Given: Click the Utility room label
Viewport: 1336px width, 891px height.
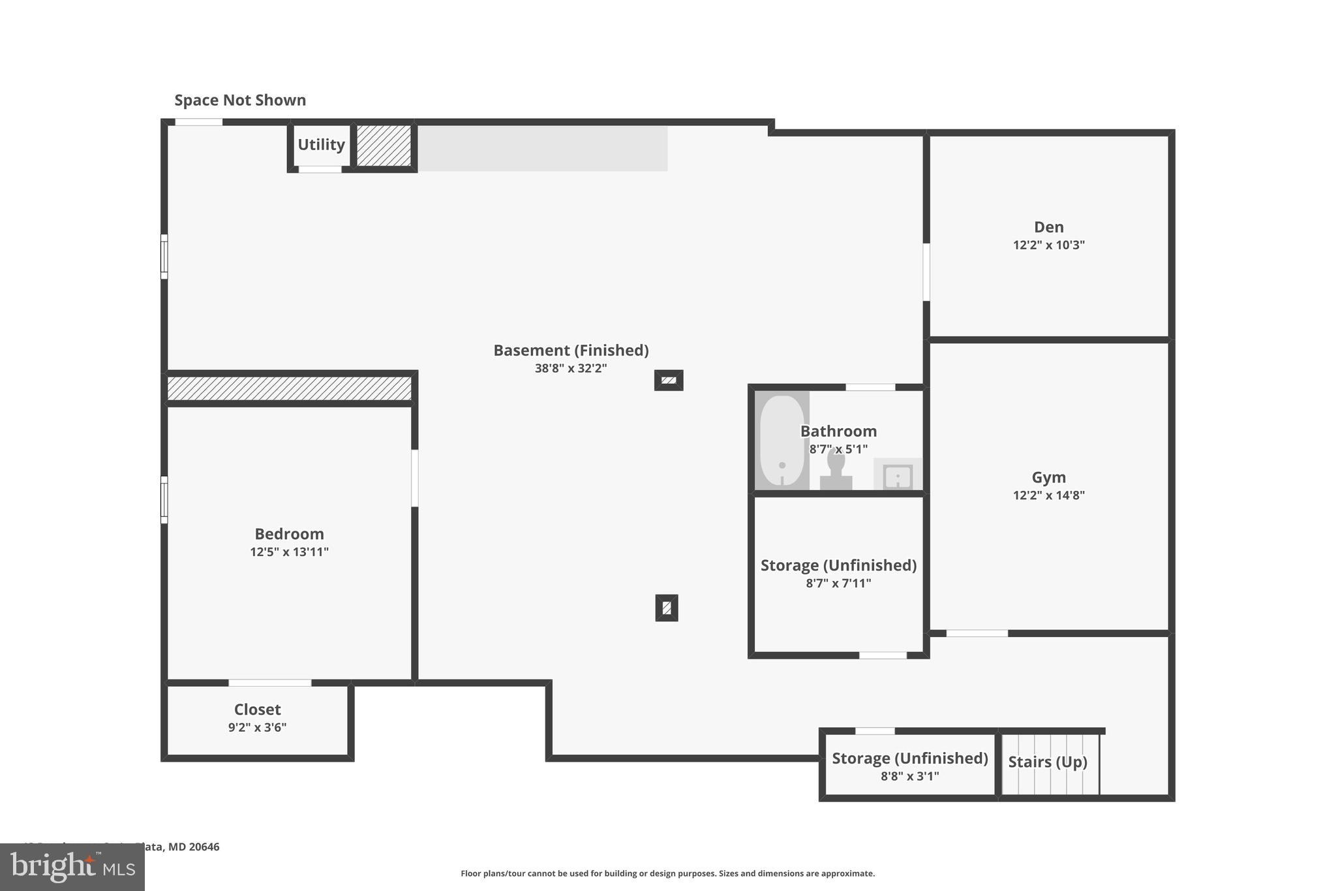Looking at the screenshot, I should [x=321, y=144].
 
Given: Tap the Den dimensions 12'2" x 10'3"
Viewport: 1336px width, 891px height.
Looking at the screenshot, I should [x=1048, y=245].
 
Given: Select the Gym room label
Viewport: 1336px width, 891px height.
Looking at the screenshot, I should [x=1048, y=477].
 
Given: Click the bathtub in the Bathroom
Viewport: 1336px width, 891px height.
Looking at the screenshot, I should [x=782, y=441].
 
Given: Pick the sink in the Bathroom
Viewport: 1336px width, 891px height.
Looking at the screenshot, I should [x=898, y=476].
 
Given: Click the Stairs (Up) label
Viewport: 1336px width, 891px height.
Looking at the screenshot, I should [x=1047, y=762].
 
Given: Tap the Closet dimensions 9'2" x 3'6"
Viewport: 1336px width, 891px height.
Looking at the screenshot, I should [x=257, y=727].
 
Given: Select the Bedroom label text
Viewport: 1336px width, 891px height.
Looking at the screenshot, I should [x=289, y=534].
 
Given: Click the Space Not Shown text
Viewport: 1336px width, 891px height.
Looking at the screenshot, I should [x=240, y=100].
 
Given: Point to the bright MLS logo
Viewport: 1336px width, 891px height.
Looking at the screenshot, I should [x=72, y=867].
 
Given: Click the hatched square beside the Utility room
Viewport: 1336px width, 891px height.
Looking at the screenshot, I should [x=384, y=145].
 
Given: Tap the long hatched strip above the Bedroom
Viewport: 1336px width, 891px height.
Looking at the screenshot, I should [x=289, y=388].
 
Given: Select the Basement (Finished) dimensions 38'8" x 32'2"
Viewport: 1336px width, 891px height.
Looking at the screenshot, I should [x=571, y=368].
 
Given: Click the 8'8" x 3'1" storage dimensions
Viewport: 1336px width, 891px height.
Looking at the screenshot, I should [x=909, y=776].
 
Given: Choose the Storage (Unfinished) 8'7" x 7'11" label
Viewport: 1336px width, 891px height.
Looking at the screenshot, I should [x=838, y=565].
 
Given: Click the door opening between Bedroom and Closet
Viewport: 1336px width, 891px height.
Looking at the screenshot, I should [x=269, y=683].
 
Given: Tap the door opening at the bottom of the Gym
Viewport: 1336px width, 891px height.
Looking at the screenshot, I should [x=977, y=633].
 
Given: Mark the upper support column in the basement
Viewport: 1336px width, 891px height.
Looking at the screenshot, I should [x=669, y=380].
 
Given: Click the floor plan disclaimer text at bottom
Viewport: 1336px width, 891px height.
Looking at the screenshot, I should [x=667, y=873].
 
